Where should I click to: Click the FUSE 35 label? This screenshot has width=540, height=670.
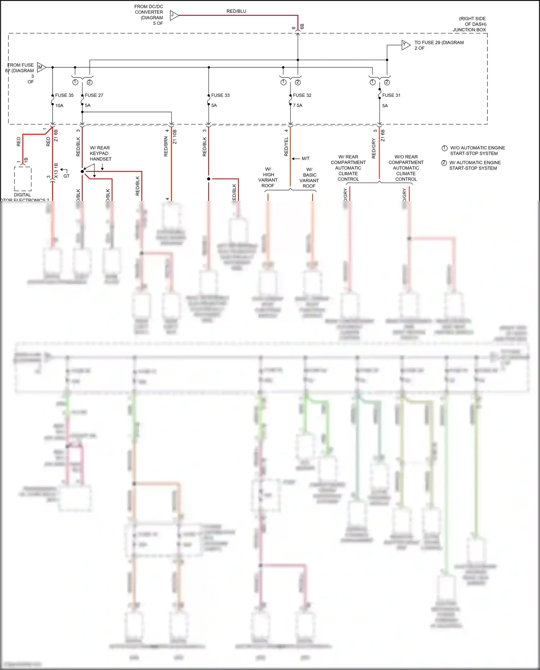pyautogui.click(x=64, y=95)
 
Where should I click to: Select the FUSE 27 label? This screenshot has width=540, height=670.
pyautogui.click(x=94, y=95)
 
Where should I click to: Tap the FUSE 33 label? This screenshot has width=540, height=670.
pyautogui.click(x=220, y=95)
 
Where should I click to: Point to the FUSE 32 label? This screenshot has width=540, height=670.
pyautogui.click(x=302, y=95)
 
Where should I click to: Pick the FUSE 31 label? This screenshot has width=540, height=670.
pyautogui.click(x=391, y=95)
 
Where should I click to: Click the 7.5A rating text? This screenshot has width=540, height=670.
pyautogui.click(x=298, y=105)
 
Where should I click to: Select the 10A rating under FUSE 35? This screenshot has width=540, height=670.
pyautogui.click(x=59, y=105)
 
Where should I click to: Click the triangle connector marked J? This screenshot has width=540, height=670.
pyautogui.click(x=174, y=15)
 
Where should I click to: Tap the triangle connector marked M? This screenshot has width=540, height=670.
pyautogui.click(x=41, y=67)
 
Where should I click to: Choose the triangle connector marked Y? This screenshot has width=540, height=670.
pyautogui.click(x=405, y=45)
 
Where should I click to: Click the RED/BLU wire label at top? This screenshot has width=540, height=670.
pyautogui.click(x=236, y=11)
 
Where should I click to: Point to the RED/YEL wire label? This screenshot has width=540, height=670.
pyautogui.click(x=286, y=147)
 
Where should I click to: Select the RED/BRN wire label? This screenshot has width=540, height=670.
pyautogui.click(x=166, y=146)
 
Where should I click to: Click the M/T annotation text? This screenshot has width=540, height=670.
pyautogui.click(x=305, y=158)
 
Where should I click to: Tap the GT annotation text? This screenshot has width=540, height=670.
pyautogui.click(x=67, y=176)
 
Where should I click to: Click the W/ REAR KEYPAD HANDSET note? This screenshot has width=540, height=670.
pyautogui.click(x=100, y=153)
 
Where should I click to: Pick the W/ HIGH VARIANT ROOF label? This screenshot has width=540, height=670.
pyautogui.click(x=268, y=177)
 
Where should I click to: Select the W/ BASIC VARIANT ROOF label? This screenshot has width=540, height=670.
pyautogui.click(x=309, y=177)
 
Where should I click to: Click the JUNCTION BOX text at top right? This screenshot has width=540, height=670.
pyautogui.click(x=469, y=30)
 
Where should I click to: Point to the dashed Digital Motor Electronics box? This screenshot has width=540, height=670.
pyautogui.click(x=23, y=179)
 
